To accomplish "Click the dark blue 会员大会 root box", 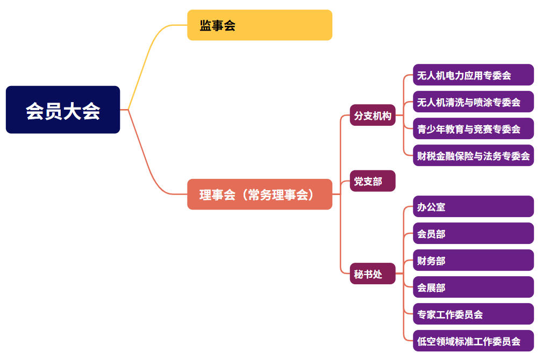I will coord(63,110).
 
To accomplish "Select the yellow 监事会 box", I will coord(260,25).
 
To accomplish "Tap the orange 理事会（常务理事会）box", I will coord(260,194).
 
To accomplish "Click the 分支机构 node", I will coord(373,115).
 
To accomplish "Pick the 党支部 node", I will coord(373,181).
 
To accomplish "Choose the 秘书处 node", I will coord(373,273).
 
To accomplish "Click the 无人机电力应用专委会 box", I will coord(473,75).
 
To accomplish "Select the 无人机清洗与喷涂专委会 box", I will coord(473,102).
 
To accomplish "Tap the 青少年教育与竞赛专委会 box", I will coord(473,129).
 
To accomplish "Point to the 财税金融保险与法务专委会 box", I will coord(473,156).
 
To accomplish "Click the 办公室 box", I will coord(473,207).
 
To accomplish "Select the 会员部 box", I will coord(473,234).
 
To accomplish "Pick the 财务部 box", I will coord(473,261).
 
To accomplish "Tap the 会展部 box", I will coord(473,287).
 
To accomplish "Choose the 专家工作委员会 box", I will coord(473,314).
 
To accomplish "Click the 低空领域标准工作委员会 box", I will coord(473,341).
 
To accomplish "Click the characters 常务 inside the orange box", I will coord(259,195).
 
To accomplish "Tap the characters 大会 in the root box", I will coord(82,111).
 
